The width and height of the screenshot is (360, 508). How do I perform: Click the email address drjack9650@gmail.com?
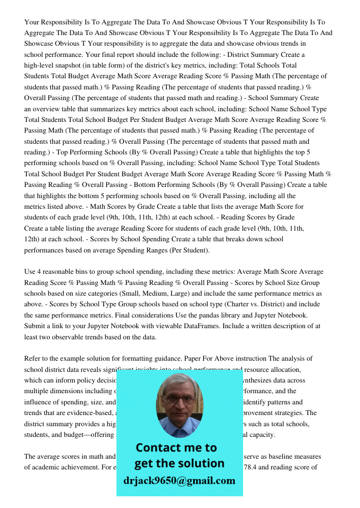coord(179,481)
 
